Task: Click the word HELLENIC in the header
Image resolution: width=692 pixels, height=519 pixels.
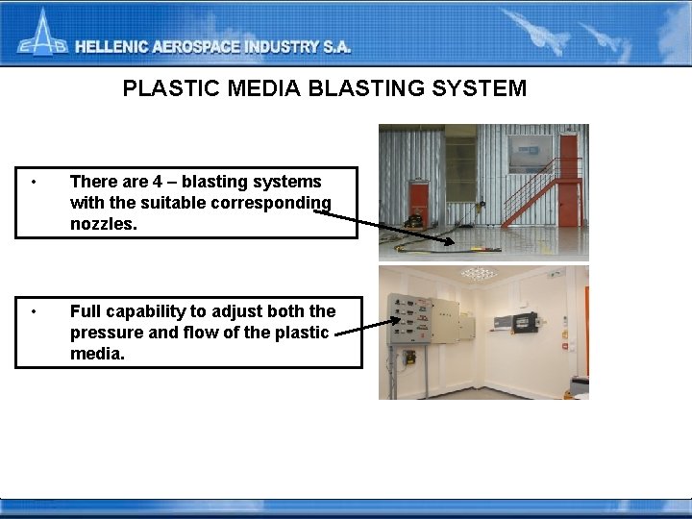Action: [116, 47]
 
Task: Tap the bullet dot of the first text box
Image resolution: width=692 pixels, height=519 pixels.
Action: [34, 182]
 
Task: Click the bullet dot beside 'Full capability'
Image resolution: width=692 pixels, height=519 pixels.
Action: [34, 311]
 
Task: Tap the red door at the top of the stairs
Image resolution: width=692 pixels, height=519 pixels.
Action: [568, 155]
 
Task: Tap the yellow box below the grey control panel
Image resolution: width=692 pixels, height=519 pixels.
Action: [410, 358]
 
